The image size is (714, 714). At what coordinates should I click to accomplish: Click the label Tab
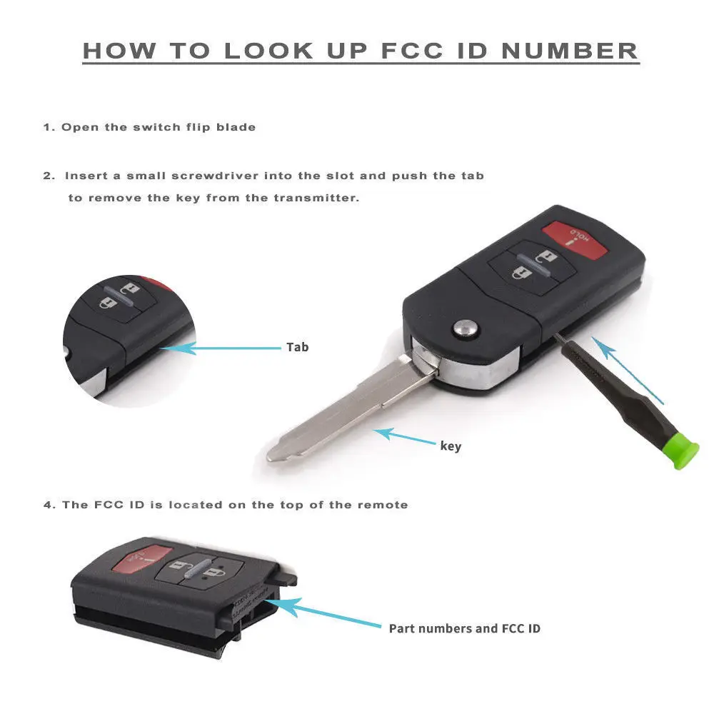pos(297,347)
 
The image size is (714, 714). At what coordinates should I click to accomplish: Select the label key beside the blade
pos(451,446)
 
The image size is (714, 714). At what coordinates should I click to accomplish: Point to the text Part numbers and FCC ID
pos(464,628)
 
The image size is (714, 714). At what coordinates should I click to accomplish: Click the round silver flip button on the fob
pos(466,328)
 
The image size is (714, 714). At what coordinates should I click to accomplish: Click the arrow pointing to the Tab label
pos(221,348)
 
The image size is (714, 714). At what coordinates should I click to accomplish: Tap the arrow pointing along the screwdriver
pos(628,371)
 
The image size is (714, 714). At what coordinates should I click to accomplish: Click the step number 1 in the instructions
pos(47,127)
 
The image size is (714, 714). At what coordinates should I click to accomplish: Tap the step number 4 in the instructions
pos(47,505)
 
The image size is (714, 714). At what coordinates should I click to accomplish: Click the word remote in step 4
pos(385,505)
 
